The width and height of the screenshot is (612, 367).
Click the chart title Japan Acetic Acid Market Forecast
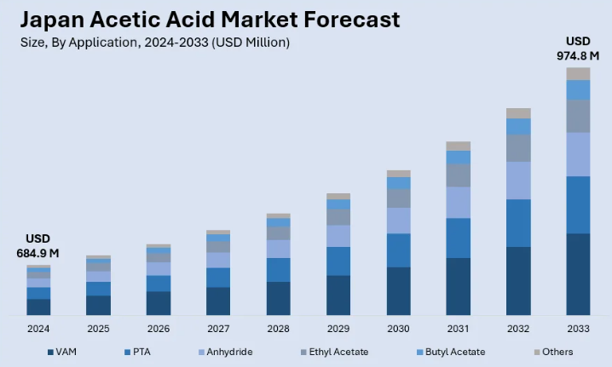[210, 19]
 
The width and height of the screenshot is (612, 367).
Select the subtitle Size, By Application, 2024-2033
[154, 43]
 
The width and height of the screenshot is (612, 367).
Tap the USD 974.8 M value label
[578, 49]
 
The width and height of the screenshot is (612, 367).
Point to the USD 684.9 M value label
[38, 245]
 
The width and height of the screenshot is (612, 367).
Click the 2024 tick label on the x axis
[38, 328]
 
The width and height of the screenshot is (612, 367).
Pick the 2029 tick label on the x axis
[338, 328]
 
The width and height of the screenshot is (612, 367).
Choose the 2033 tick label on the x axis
[578, 328]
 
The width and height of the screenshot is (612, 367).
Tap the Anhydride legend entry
[222, 352]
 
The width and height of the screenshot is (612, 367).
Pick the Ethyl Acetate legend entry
[335, 352]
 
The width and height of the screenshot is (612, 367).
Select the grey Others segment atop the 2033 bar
[578, 73]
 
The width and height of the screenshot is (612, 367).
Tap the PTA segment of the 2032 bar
[518, 223]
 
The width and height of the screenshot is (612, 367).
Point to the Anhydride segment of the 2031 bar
[459, 202]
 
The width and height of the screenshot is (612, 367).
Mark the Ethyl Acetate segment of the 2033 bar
[578, 116]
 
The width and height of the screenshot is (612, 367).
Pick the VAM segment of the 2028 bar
[279, 298]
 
